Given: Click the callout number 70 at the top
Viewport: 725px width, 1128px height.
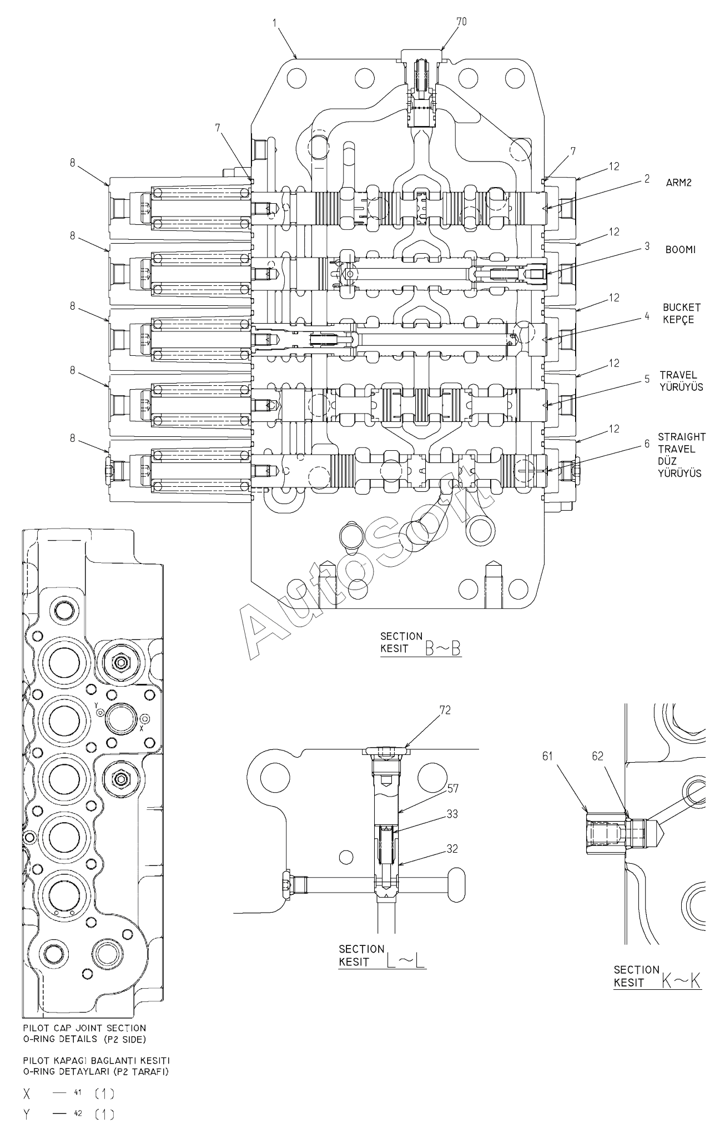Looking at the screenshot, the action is point(461,21).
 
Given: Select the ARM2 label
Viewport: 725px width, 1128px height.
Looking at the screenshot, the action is point(679,183).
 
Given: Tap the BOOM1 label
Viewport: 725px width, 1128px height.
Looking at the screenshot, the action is point(680,250).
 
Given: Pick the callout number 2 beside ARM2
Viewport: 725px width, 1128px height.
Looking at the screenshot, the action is point(647,180).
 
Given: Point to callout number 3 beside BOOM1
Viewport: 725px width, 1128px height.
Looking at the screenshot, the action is point(647,245).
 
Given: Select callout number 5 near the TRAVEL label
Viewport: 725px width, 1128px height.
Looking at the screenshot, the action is point(647,379).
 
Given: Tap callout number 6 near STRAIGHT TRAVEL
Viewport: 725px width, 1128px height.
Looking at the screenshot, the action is point(647,444).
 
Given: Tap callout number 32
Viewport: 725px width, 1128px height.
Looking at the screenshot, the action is point(452,849).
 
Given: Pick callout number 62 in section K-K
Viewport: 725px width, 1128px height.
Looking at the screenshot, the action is point(597,756).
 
